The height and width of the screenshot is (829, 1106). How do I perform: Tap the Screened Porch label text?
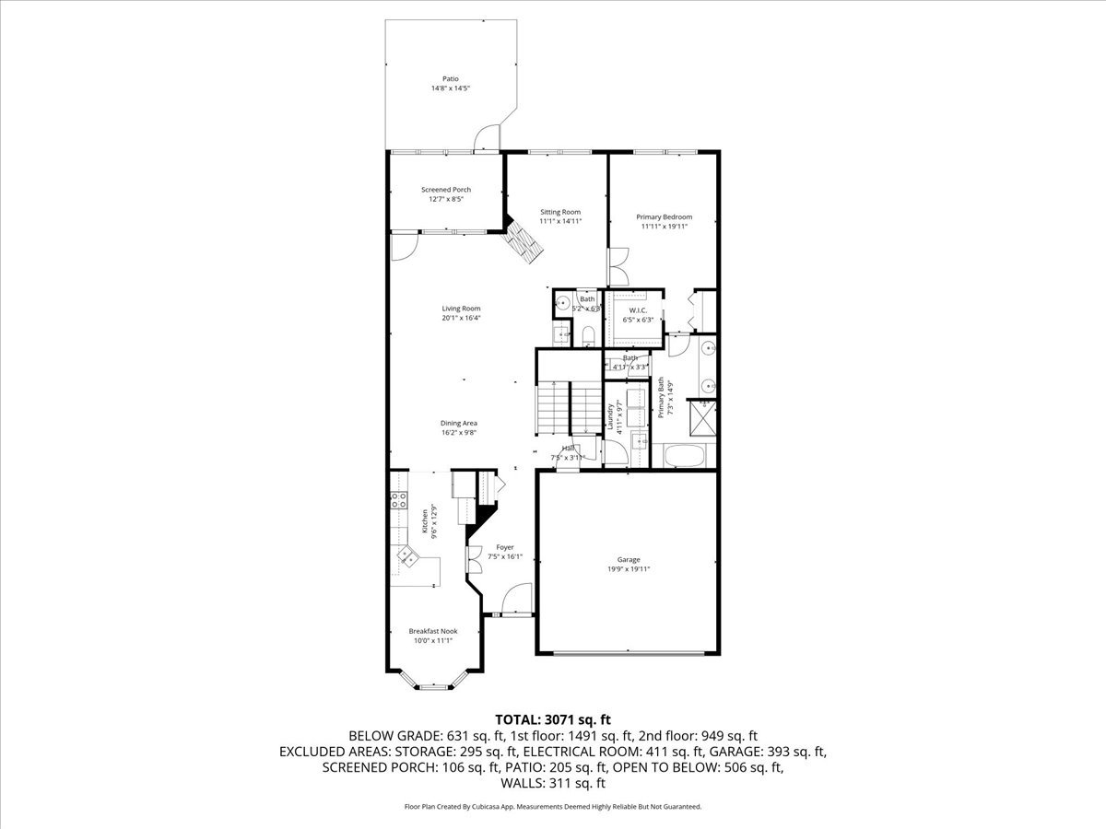(x=446, y=190)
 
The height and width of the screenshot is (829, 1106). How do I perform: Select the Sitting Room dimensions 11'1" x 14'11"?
(x=560, y=221)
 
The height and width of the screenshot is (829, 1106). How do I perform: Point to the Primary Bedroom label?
(x=664, y=217)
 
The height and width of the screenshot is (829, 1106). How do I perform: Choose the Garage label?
(x=629, y=559)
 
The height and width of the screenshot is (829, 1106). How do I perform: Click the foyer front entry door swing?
(x=519, y=599)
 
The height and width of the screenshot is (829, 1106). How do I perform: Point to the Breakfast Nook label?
(x=433, y=631)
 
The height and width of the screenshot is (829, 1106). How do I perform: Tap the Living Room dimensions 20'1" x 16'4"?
(x=461, y=318)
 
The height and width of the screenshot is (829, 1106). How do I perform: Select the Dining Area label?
(x=458, y=423)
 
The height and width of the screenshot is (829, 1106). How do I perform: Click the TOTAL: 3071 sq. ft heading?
(x=553, y=718)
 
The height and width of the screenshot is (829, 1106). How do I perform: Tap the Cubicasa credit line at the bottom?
(x=553, y=806)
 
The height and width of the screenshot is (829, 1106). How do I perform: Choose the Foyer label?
(x=505, y=547)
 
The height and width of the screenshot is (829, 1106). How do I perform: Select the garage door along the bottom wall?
(x=627, y=654)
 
